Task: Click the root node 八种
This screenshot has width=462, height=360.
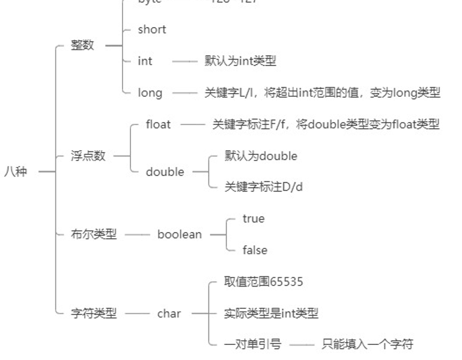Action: [x=16, y=171]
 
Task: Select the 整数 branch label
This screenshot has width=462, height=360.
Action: [x=82, y=45]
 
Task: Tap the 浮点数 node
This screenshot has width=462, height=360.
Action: [x=88, y=156]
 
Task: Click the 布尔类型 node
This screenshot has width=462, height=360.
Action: [x=94, y=234]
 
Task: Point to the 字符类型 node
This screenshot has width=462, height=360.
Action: [x=94, y=313]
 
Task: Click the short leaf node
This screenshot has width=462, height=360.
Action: [x=151, y=29]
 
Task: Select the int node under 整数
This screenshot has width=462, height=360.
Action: [x=145, y=61]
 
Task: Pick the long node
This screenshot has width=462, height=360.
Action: [x=150, y=93]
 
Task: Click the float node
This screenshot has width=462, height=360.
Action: [x=158, y=124]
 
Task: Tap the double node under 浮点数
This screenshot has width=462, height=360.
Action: [x=165, y=172]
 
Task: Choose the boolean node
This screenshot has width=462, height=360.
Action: [x=179, y=234]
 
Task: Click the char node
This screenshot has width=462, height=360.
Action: [x=169, y=313]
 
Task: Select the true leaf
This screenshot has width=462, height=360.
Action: [x=253, y=219]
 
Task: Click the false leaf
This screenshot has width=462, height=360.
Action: [x=255, y=250]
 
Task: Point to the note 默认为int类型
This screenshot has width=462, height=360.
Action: [x=240, y=61]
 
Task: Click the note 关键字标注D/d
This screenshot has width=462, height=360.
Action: [x=264, y=187]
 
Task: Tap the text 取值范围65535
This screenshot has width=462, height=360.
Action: [x=264, y=282]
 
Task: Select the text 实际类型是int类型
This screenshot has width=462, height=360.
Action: [x=271, y=313]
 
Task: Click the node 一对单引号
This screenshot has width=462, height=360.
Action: [x=252, y=344]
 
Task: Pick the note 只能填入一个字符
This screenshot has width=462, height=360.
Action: [x=367, y=344]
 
